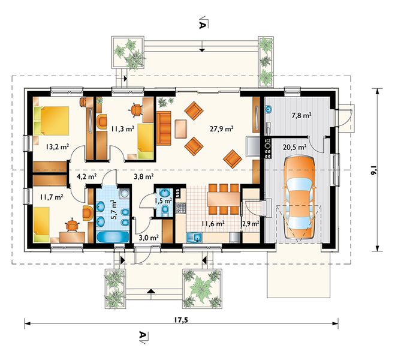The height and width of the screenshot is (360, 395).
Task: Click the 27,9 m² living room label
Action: [x=221, y=129]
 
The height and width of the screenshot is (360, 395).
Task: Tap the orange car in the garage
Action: [x=300, y=197]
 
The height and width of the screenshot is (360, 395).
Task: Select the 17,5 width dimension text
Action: [x=181, y=320]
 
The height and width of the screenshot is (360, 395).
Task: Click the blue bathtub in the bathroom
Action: [x=113, y=237]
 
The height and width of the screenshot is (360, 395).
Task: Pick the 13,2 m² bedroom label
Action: [x=58, y=146]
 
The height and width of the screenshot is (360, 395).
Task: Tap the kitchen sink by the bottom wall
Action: [x=194, y=237]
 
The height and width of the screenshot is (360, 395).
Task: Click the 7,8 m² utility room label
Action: [x=301, y=116]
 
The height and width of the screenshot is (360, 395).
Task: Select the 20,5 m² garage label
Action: [x=294, y=147]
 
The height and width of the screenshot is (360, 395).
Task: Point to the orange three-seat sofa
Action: [x=164, y=128]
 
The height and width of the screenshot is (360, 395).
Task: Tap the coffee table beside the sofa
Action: [x=181, y=129]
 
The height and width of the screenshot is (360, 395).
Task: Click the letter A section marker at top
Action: [x=201, y=25]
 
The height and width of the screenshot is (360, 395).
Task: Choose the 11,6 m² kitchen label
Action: [x=213, y=223]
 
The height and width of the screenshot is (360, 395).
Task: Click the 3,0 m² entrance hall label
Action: [x=149, y=237]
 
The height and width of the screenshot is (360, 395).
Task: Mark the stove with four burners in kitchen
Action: [x=181, y=208]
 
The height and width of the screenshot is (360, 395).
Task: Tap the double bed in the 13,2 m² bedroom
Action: [x=51, y=121]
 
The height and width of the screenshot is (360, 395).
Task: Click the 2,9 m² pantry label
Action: [x=251, y=223]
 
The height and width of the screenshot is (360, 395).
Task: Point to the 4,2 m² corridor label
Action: [x=86, y=176]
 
